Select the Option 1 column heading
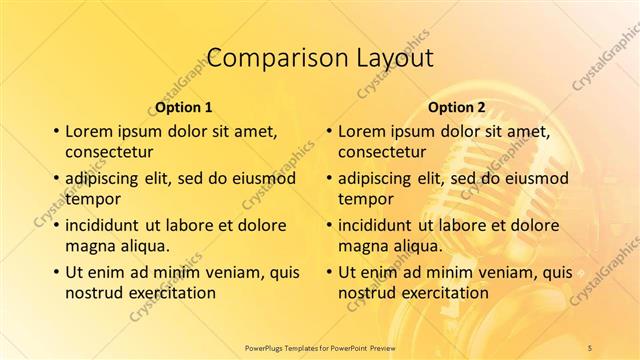click(184, 107)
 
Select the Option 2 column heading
click(457, 107)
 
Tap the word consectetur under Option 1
click(109, 152)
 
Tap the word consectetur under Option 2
click(382, 152)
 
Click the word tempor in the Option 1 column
click(92, 198)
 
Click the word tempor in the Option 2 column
click(365, 198)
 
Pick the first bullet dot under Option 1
click(55, 132)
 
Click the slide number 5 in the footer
click(591, 349)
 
